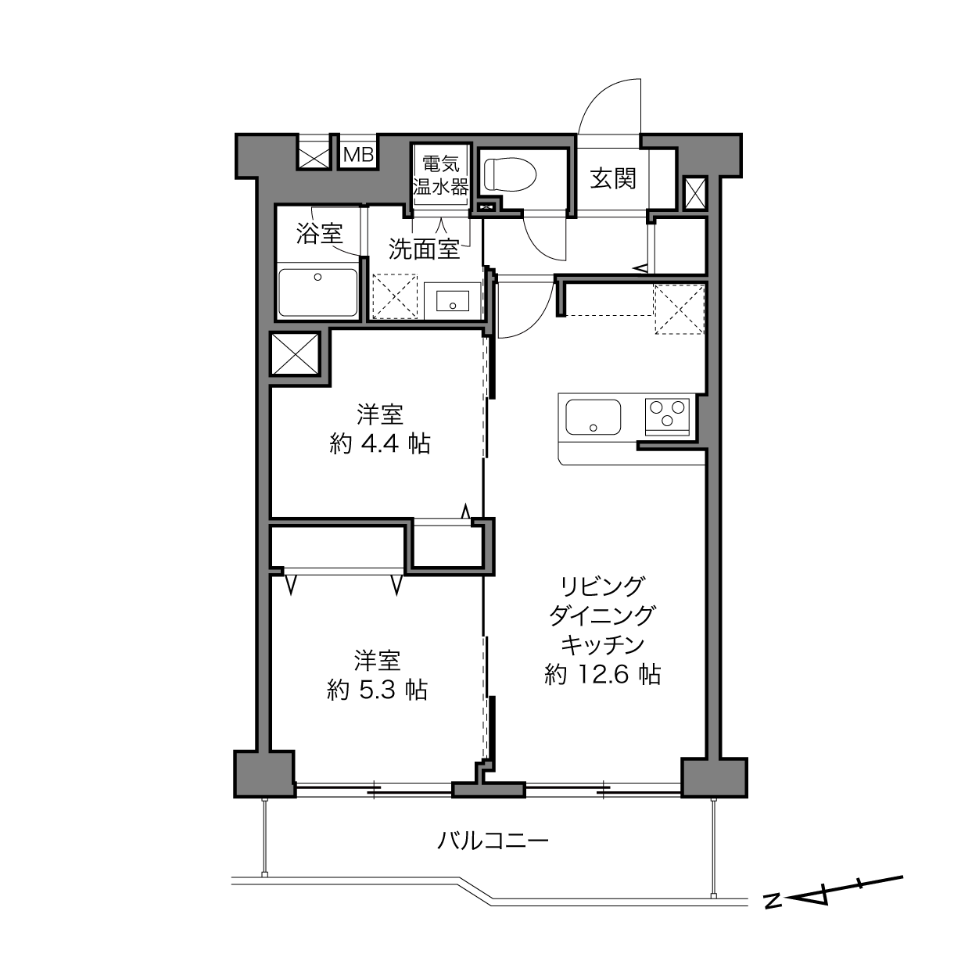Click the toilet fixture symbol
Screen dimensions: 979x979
click(x=510, y=174)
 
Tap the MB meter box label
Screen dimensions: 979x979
click(x=359, y=155)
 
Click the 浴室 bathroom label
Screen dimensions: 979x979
click(x=320, y=234)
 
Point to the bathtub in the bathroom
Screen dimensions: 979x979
click(x=318, y=292)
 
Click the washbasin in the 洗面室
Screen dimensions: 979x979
click(x=453, y=300)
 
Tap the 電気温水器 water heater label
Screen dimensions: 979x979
click(x=440, y=176)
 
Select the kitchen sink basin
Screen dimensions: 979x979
click(x=593, y=417)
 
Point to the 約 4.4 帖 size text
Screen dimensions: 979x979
click(x=380, y=445)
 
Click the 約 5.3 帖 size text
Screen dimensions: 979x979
click(x=377, y=690)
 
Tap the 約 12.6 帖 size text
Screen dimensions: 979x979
click(x=603, y=675)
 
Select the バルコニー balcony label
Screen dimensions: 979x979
click(x=493, y=841)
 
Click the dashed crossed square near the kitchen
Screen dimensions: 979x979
click(x=680, y=310)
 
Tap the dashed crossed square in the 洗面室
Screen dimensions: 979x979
click(x=395, y=296)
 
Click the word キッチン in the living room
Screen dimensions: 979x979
click(x=603, y=644)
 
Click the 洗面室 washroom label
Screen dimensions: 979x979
click(x=425, y=249)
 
